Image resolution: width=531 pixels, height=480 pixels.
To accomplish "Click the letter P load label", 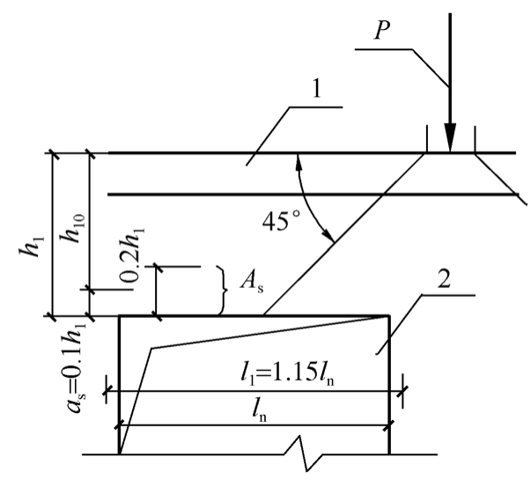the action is pyautogui.click(x=382, y=31).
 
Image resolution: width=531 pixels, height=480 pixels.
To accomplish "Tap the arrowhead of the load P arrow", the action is pyautogui.click(x=450, y=138).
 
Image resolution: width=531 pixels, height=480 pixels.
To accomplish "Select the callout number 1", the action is pyautogui.click(x=317, y=90).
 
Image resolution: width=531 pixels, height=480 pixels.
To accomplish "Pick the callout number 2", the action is pyautogui.click(x=444, y=280).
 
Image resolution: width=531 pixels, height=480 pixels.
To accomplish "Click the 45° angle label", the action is pyautogui.click(x=282, y=221).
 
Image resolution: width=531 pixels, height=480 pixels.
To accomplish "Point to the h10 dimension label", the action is pyautogui.click(x=74, y=228).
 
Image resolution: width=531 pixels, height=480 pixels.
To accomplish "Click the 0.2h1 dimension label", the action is pyautogui.click(x=132, y=255).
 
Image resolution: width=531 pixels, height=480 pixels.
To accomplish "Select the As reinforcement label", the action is pyautogui.click(x=252, y=282).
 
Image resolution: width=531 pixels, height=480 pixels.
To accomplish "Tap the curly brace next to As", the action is pyautogui.click(x=222, y=291).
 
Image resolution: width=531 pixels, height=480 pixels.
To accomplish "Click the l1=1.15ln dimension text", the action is pyautogui.click(x=287, y=373).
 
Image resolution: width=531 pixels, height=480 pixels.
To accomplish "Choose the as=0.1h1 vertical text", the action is pyautogui.click(x=77, y=367).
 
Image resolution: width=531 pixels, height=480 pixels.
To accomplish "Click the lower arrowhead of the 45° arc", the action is pyautogui.click(x=328, y=235).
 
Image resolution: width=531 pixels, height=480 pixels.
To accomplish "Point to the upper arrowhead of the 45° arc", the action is pyautogui.click(x=299, y=161).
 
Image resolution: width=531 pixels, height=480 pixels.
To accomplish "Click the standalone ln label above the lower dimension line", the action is pyautogui.click(x=259, y=411).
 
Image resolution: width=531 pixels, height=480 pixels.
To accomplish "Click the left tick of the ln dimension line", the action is pyautogui.click(x=119, y=425).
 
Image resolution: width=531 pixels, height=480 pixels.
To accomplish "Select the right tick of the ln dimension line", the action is pyautogui.click(x=389, y=425).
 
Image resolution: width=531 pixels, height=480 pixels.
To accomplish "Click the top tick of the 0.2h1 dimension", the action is pyautogui.click(x=156, y=267).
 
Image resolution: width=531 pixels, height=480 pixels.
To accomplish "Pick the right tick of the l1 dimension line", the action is pyautogui.click(x=402, y=391).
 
